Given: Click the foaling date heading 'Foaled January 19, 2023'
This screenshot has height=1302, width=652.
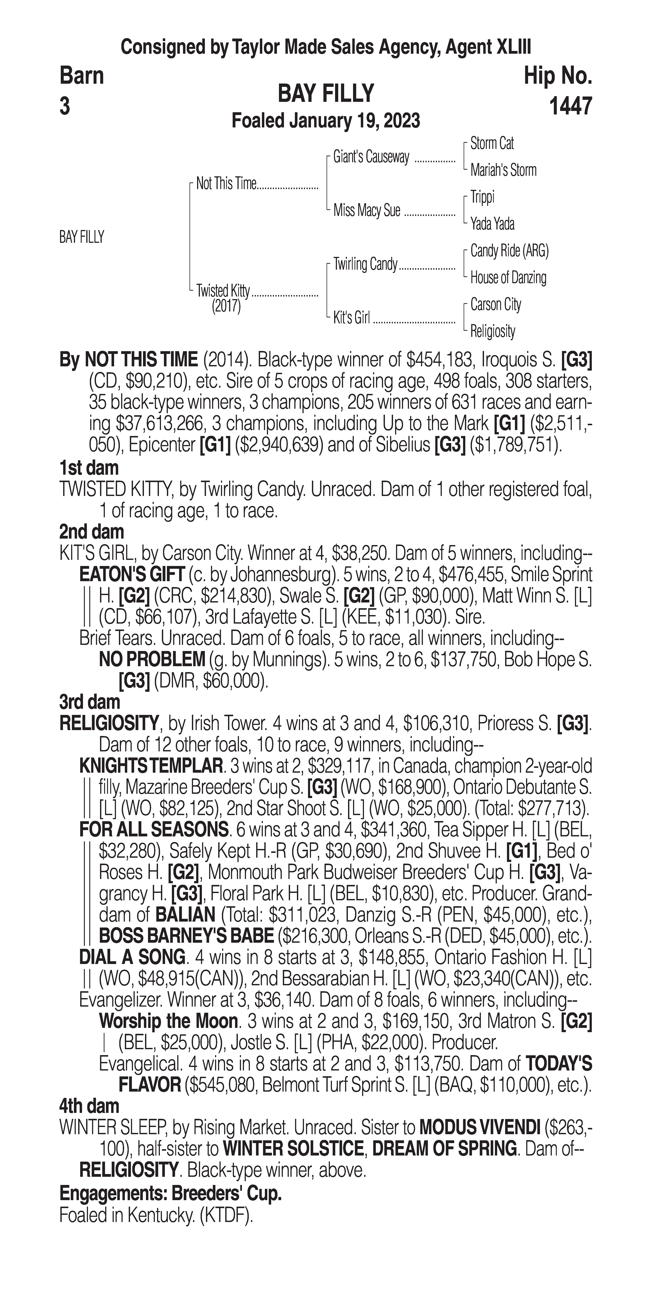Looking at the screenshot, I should (x=325, y=121).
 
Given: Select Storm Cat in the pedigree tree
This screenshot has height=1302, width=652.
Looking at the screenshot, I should (x=492, y=144).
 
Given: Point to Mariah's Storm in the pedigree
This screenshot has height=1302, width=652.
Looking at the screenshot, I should (x=503, y=170).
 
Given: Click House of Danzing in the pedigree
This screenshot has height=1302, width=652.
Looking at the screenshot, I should (x=508, y=277).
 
